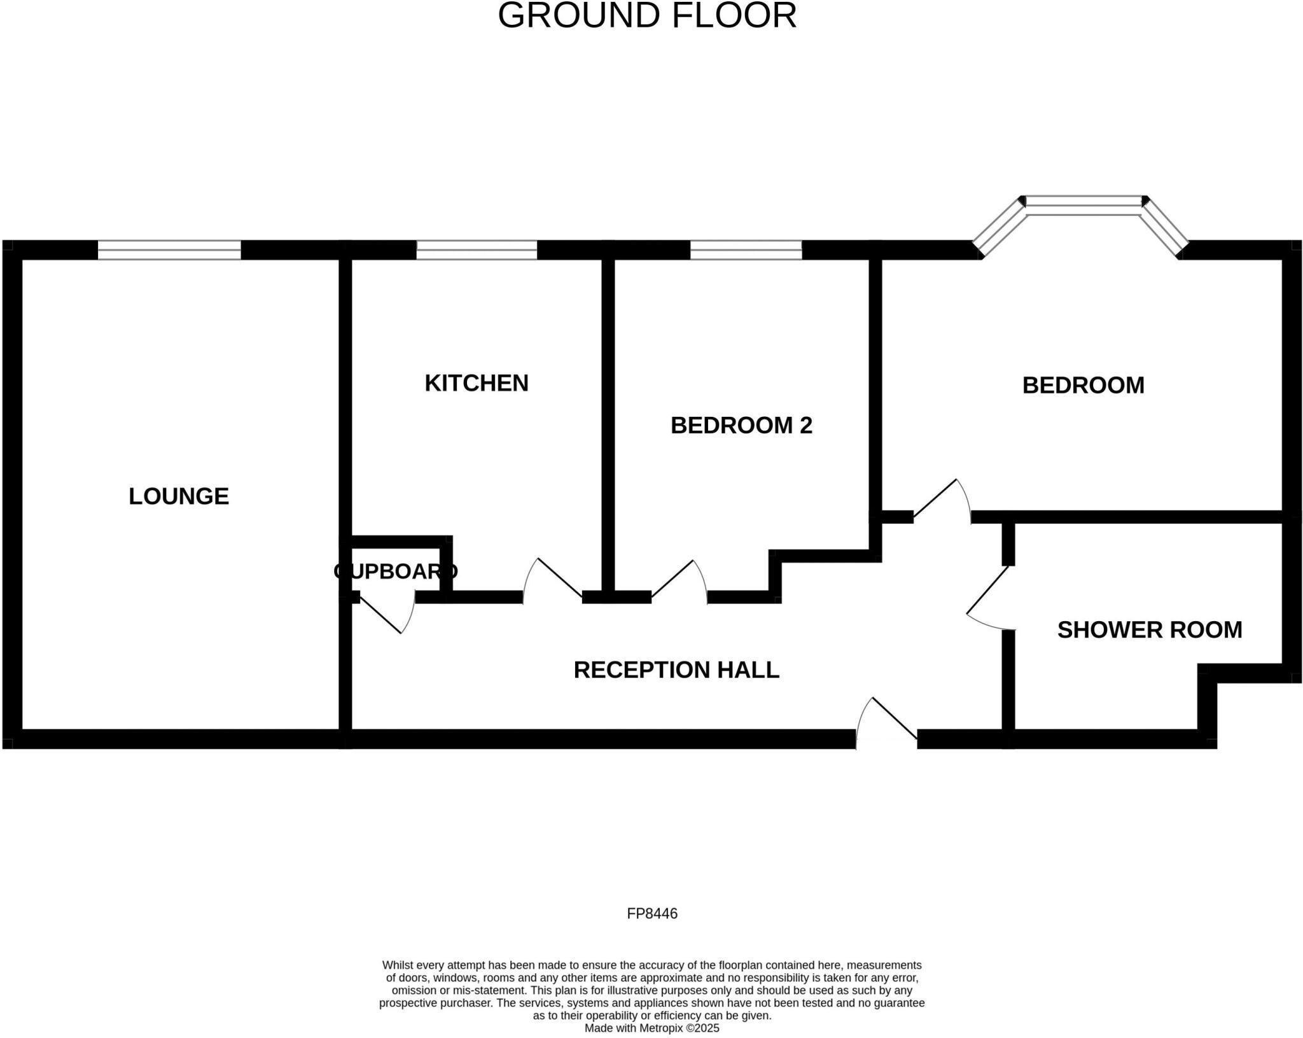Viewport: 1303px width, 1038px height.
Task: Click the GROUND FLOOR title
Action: [646, 16]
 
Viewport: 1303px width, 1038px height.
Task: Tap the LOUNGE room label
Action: [179, 496]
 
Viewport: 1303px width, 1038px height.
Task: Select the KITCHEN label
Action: [477, 383]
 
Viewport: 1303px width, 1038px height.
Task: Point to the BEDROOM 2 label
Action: [741, 425]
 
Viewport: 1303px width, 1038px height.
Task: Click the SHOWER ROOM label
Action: [1149, 630]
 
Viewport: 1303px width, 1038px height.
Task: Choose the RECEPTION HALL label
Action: [676, 670]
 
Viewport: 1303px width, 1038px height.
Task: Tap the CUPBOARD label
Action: [395, 572]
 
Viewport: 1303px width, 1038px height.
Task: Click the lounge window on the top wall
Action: [169, 250]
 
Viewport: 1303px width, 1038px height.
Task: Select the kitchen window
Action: [477, 250]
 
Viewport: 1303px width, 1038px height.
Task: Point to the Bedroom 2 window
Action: [746, 250]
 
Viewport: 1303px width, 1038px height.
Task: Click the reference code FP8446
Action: [651, 914]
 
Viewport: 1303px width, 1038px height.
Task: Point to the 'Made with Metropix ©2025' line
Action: [651, 1028]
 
